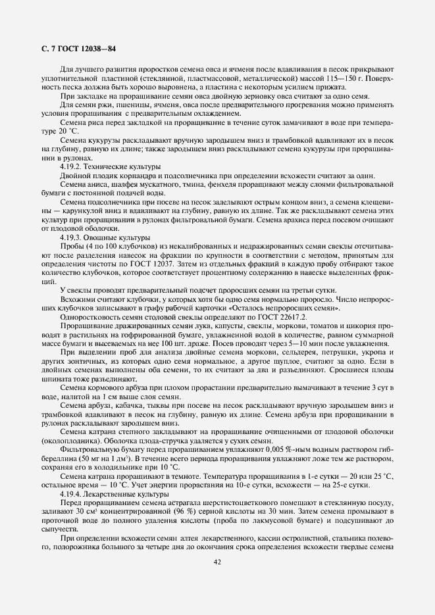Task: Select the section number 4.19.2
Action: point(71,168)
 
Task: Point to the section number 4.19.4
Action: point(71,493)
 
